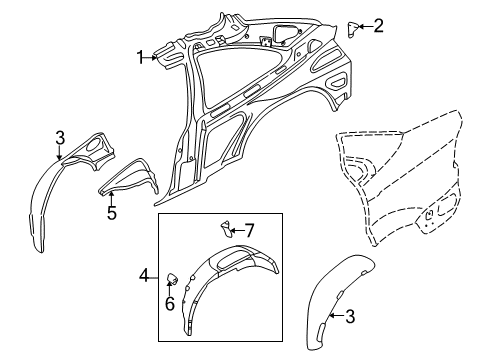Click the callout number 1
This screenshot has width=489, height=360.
pos(141,58)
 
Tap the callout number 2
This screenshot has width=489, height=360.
pos(378,26)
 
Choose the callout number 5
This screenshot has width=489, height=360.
pos(112,212)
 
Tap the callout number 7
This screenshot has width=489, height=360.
pos(251,230)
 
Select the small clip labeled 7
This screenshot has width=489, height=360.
pos(227,233)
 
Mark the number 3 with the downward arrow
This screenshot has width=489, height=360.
pos(60,136)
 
